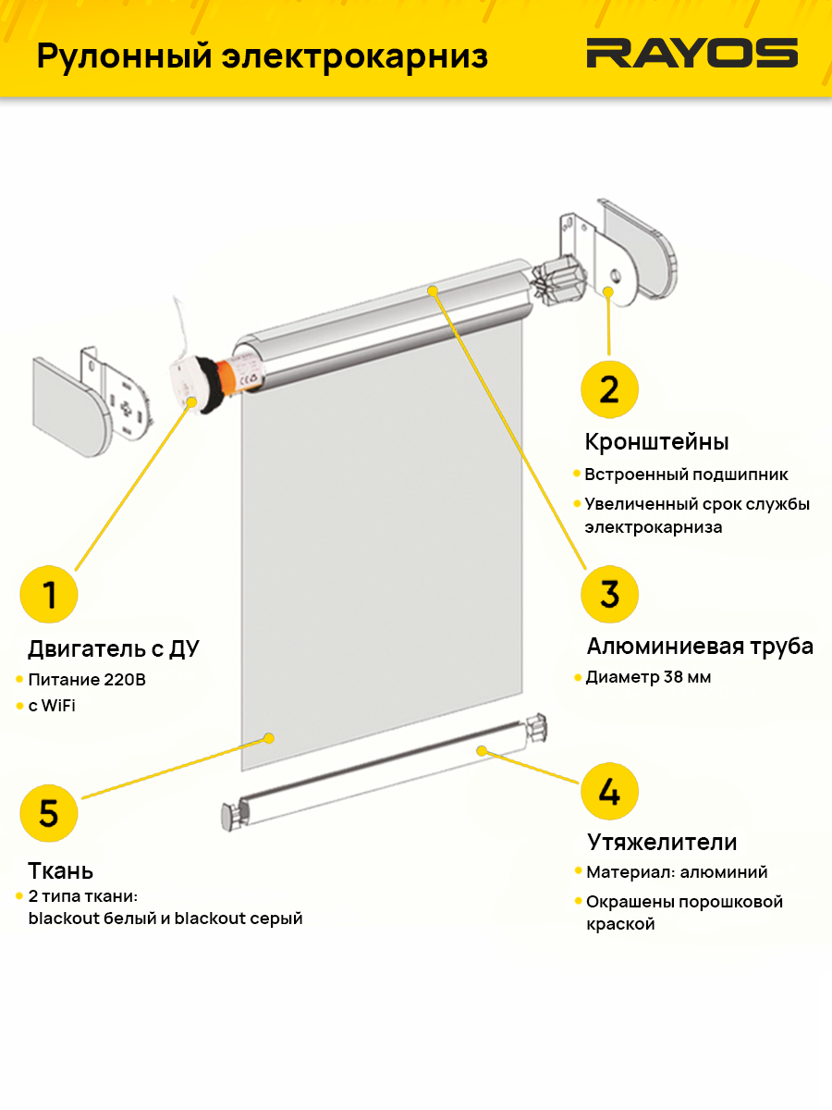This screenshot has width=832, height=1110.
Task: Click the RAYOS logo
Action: [691, 54]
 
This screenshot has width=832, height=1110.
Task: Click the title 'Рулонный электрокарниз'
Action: [262, 55]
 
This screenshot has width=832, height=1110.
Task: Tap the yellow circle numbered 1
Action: [49, 595]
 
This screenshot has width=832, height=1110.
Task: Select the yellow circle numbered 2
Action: [609, 389]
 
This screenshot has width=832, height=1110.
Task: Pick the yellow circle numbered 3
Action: [609, 594]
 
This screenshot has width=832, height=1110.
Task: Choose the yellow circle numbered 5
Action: [49, 813]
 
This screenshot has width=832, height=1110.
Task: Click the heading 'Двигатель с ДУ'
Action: [114, 649]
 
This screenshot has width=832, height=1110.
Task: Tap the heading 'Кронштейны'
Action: [657, 441]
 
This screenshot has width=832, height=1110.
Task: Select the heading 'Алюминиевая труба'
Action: [700, 646]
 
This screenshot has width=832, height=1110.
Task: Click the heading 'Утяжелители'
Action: [662, 843]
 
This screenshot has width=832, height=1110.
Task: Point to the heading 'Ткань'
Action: [61, 870]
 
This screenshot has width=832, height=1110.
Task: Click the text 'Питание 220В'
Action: [87, 680]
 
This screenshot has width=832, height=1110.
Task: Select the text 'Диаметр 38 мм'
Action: [648, 677]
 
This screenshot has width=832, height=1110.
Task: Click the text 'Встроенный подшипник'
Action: [686, 475]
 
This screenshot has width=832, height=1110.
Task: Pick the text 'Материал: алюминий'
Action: [677, 872]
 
